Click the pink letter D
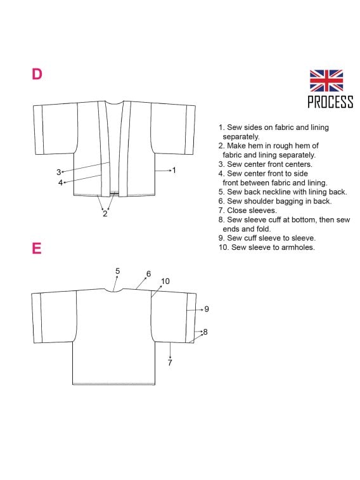[x=37, y=74]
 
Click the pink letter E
[x=37, y=248]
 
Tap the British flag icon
[x=326, y=81]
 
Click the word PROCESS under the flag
[x=330, y=102]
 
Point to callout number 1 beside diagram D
[x=174, y=170]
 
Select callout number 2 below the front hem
[x=105, y=213]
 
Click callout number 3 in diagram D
[x=59, y=172]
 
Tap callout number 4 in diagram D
[x=60, y=183]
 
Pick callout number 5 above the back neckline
[x=117, y=271]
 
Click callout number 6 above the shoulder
[x=149, y=274]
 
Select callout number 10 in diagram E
[x=165, y=281]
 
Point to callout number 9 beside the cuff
[x=207, y=309]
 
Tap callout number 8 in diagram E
[x=205, y=332]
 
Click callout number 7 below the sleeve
[x=170, y=363]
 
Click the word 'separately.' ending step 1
[x=241, y=136]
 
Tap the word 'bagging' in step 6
[x=290, y=201]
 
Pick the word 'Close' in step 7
[x=236, y=211]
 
